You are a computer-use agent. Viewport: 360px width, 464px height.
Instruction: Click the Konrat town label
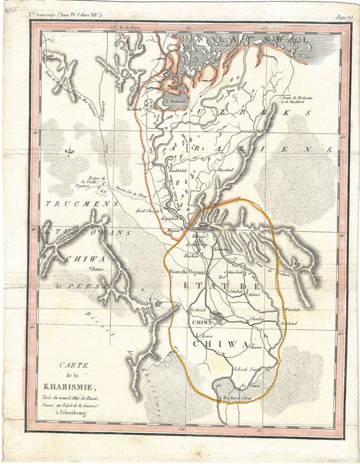134,108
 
